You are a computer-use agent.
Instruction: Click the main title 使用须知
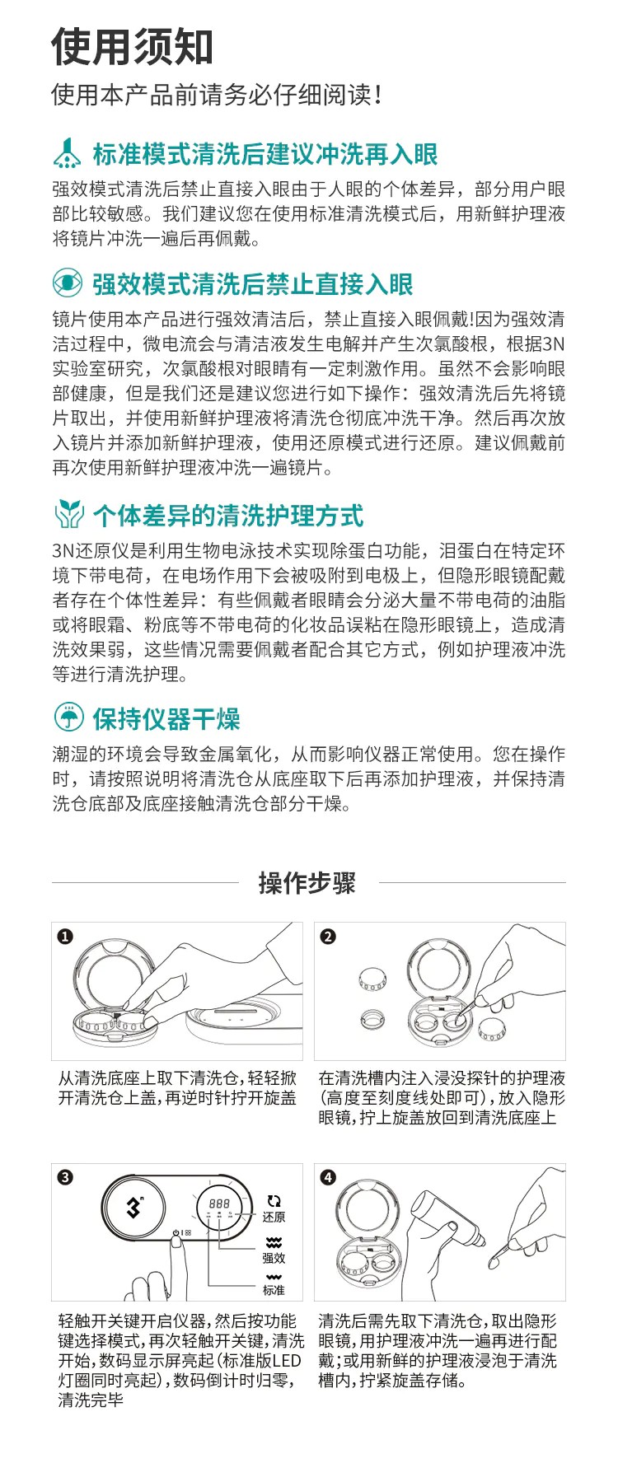[x=133, y=47]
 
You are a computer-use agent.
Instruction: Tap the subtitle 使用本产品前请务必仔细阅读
[x=217, y=95]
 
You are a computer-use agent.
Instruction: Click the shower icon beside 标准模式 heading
[x=68, y=153]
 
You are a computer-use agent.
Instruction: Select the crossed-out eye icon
[x=68, y=283]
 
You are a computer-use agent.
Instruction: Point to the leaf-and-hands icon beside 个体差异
[x=68, y=516]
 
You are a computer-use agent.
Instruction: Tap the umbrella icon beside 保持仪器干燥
[x=68, y=717]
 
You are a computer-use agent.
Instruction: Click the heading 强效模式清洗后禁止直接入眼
[x=252, y=284]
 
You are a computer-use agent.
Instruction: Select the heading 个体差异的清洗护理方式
[x=227, y=516]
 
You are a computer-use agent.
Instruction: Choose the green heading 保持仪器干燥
[x=166, y=718]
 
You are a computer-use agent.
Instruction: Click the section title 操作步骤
[x=307, y=882]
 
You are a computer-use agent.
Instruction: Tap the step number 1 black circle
[x=65, y=937]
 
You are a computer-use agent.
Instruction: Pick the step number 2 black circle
[x=328, y=937]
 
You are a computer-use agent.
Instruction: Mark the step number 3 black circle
[x=65, y=1178]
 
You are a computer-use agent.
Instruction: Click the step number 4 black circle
[x=328, y=1178]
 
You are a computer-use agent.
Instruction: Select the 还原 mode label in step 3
[x=274, y=1217]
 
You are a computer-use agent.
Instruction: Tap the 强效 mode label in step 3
[x=274, y=1258]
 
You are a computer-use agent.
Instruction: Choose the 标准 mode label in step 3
[x=274, y=1290]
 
